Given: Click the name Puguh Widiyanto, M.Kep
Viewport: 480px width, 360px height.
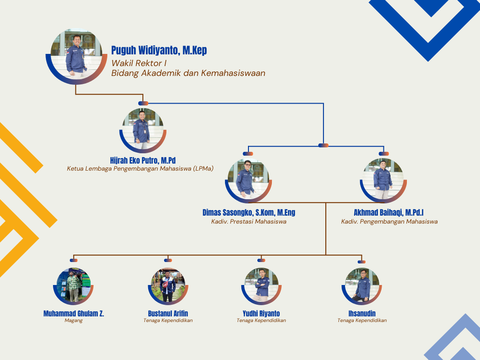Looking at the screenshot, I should pos(159,51).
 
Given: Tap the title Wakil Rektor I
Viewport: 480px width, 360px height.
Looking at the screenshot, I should pos(139,63).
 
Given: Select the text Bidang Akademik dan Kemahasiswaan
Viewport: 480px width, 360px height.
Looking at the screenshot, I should pos(188,73).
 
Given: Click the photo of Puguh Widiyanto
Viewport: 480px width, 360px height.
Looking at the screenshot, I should pos(76,54).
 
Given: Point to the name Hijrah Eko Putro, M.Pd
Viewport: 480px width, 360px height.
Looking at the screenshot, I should pos(142,160).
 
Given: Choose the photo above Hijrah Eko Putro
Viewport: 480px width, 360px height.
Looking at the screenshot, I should pos(142,129).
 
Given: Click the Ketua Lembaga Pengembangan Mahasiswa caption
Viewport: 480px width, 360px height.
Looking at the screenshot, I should pos(140,169).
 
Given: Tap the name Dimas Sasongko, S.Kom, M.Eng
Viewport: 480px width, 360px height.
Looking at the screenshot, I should pos(248,213).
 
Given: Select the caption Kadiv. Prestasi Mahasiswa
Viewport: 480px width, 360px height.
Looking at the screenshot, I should pos(248,222).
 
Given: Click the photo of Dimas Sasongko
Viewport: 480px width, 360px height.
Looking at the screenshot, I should pos(248,180).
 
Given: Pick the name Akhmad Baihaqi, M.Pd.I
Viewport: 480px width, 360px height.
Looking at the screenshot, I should pos(389,213).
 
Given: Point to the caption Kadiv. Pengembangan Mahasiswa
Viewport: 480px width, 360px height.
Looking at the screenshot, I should pos(389,222).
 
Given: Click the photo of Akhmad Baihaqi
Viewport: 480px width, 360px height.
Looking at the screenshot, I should pos(383,180).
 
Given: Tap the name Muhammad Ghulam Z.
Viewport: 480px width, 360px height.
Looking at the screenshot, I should pos(74,314).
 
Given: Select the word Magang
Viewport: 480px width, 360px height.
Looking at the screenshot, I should pos(74,321).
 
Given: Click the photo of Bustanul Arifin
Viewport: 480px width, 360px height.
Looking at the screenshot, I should pos(168,286).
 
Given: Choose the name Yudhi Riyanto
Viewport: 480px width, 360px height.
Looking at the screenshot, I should pos(261,314).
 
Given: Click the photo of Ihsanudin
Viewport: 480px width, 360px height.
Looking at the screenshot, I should pos(361,286).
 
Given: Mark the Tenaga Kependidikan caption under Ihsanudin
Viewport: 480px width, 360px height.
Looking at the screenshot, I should pos(362,321).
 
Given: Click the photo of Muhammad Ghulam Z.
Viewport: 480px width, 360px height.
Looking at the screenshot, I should pos(74,286).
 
